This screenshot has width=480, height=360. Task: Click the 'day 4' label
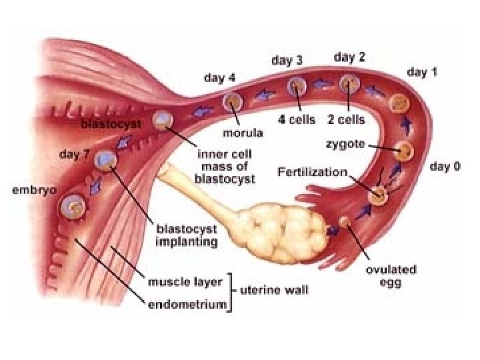point(219,77)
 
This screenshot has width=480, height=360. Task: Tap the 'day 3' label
point(287,61)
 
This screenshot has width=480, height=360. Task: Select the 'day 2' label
point(349,57)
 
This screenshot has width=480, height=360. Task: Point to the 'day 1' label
point(422,72)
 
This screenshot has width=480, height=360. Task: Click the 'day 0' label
point(445,167)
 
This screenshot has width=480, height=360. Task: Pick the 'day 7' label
point(75,155)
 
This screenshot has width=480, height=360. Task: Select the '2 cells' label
point(346,120)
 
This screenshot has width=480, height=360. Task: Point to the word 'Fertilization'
point(312,172)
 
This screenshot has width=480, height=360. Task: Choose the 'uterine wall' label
point(270,291)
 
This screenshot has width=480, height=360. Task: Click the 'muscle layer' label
point(185,282)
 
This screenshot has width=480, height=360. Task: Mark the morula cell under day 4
point(233,101)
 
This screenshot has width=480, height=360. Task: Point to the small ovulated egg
point(345,221)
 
